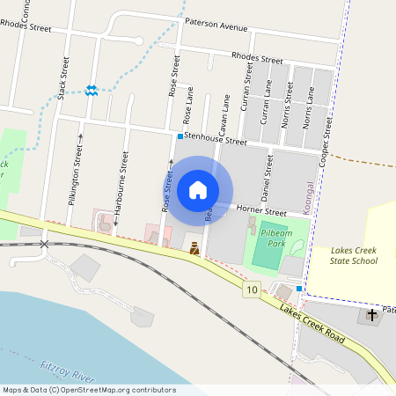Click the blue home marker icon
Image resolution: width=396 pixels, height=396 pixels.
(x=198, y=190)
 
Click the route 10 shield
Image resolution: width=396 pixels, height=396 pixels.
(x=253, y=290)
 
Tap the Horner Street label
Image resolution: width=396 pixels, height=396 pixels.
(x=262, y=212)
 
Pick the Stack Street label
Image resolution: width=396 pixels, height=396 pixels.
(x=62, y=77)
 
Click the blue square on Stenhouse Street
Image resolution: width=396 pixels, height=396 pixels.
(x=180, y=136)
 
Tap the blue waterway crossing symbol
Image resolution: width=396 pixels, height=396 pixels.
(x=92, y=91)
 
